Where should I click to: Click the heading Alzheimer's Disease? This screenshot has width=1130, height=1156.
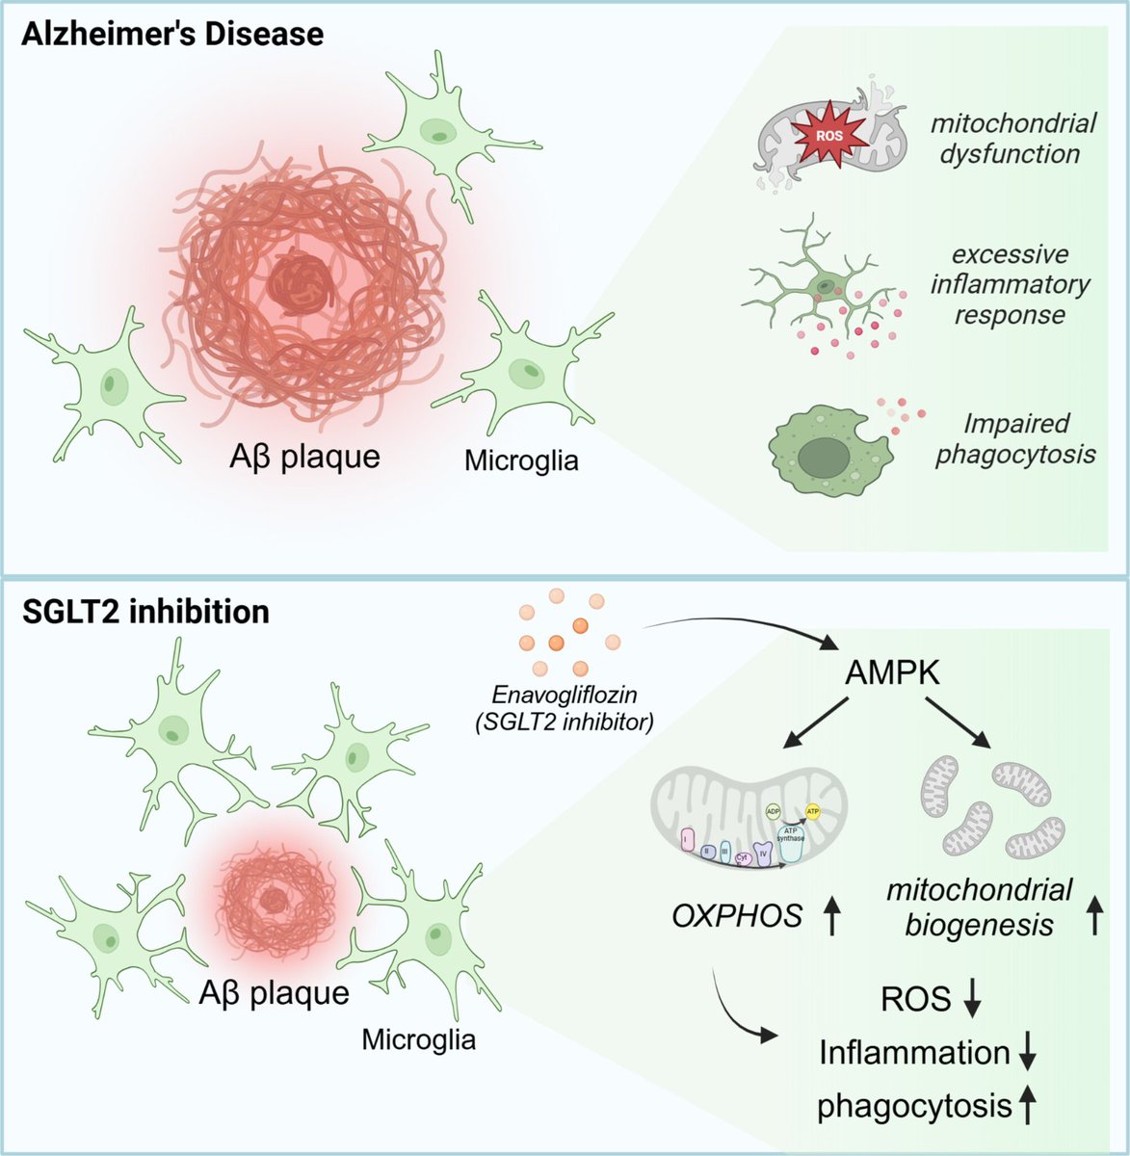click(173, 36)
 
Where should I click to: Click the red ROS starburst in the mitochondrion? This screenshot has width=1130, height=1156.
click(828, 136)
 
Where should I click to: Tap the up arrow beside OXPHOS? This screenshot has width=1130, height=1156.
click(831, 916)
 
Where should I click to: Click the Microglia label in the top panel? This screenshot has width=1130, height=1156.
click(521, 460)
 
